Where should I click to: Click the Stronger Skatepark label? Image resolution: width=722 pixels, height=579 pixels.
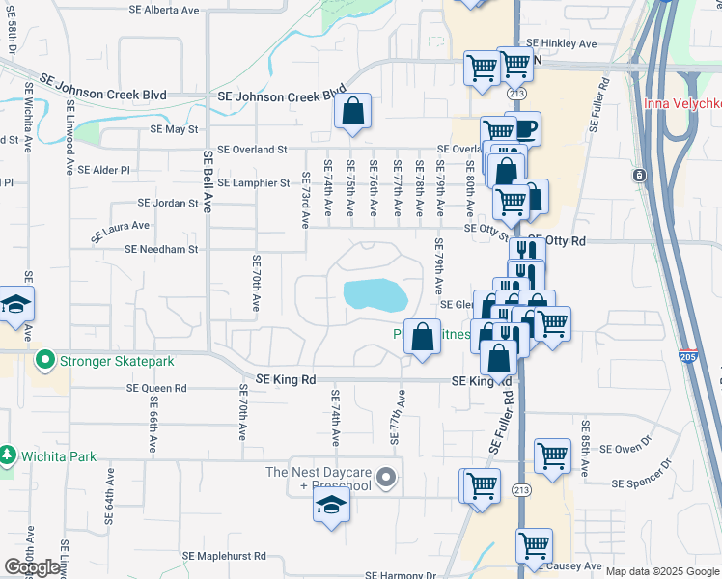point(117,362)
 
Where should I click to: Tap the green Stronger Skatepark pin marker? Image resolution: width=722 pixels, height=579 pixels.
point(44,362)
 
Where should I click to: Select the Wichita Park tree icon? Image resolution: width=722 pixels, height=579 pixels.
point(8,454)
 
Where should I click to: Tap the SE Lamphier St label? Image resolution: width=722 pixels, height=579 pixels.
point(253,182)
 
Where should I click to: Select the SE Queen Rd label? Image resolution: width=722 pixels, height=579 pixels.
point(156,388)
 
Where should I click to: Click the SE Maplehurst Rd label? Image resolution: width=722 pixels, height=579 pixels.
point(224,557)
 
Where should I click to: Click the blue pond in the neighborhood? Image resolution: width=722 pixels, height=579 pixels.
point(373,294)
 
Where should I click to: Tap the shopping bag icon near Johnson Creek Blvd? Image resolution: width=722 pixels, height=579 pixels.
point(353,112)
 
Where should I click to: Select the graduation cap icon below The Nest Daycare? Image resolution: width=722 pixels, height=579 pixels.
point(330,507)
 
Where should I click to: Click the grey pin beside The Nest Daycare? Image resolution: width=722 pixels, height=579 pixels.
point(386,477)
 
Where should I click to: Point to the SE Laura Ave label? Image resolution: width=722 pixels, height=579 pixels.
point(121,231)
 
